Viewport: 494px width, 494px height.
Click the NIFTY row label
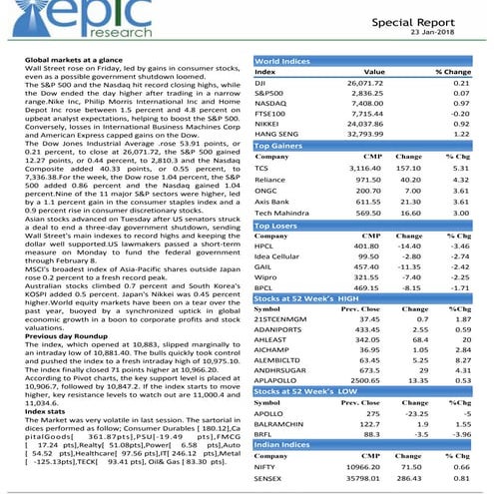(x=265, y=466)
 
